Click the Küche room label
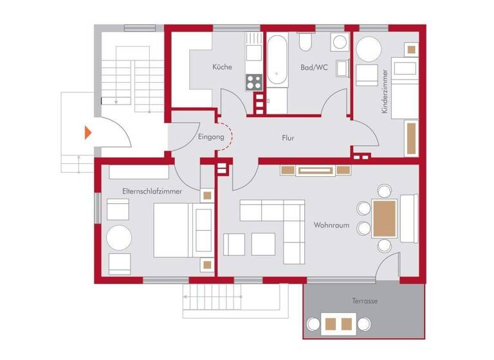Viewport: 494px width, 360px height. pyautogui.click(x=222, y=67)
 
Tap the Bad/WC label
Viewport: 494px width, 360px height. pyautogui.click(x=315, y=67)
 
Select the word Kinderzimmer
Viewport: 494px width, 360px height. pyautogui.click(x=385, y=91)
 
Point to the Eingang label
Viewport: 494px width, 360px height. pyautogui.click(x=212, y=137)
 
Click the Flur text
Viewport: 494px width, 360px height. pyautogui.click(x=288, y=138)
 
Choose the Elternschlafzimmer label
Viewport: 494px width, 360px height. pyautogui.click(x=152, y=192)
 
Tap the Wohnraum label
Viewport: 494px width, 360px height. pyautogui.click(x=331, y=226)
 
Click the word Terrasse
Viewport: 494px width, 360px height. pyautogui.click(x=364, y=301)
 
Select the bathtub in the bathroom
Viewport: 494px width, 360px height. pyautogui.click(x=277, y=61)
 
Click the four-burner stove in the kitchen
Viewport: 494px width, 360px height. pyautogui.click(x=253, y=82)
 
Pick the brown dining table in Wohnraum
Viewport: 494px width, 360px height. pyautogui.click(x=384, y=218)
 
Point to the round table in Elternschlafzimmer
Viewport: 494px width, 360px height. pyautogui.click(x=119, y=238)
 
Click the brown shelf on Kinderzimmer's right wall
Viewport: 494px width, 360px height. pyautogui.click(x=411, y=137)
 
